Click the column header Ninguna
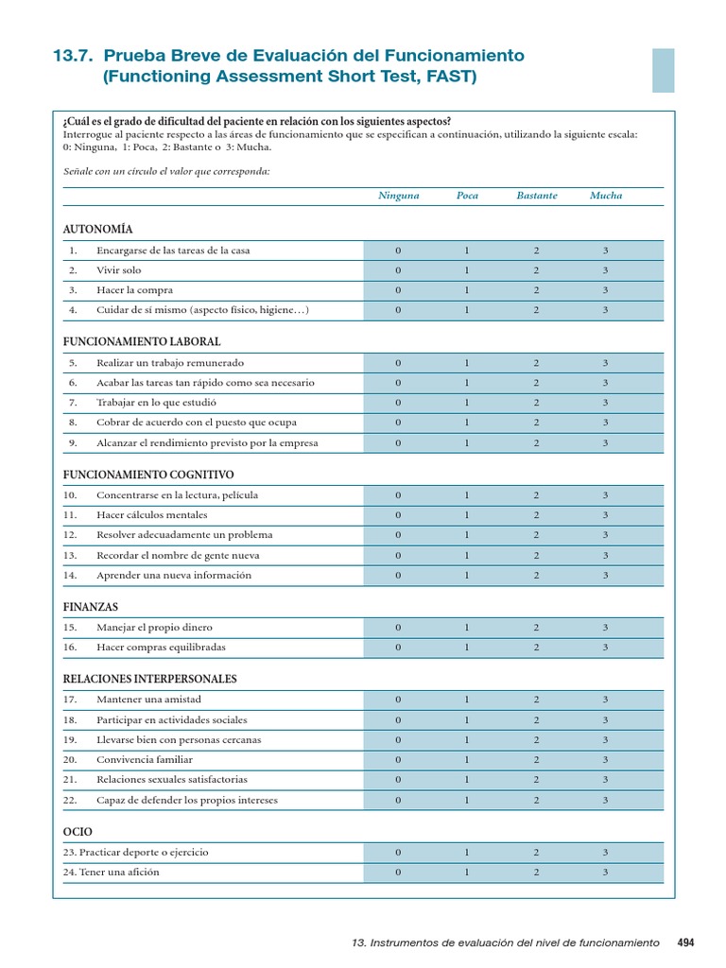click(x=398, y=196)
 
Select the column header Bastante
click(x=536, y=196)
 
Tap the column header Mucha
click(x=606, y=196)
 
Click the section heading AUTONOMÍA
click(x=97, y=229)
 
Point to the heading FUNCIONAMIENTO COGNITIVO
click(x=148, y=475)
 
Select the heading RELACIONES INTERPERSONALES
click(x=149, y=679)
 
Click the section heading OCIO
click(x=78, y=831)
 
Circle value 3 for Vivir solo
click(x=605, y=270)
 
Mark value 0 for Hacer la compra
click(x=398, y=290)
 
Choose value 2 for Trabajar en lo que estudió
click(x=536, y=403)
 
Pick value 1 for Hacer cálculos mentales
click(x=467, y=515)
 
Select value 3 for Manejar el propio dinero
click(x=605, y=628)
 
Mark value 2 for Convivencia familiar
click(x=536, y=759)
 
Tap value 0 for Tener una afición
click(x=398, y=872)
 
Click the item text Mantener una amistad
click(x=148, y=700)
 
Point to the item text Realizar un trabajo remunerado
click(x=169, y=363)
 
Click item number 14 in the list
click(x=71, y=575)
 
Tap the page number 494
click(x=685, y=942)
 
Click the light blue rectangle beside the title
click(x=663, y=70)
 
